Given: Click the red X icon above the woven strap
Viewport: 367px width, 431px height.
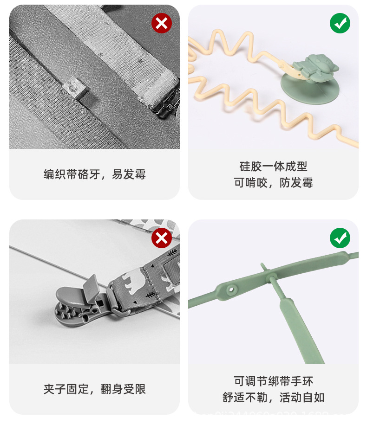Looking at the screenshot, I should [x=161, y=23].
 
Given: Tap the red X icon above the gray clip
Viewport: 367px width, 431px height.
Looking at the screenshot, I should [x=161, y=238].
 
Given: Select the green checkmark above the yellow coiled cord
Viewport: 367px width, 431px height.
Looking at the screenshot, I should [x=340, y=23].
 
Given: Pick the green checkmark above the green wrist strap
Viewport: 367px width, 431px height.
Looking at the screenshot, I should [x=340, y=238].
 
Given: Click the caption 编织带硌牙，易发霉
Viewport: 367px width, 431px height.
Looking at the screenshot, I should [x=94, y=174].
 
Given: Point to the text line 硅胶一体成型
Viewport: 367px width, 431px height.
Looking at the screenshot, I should [x=273, y=167].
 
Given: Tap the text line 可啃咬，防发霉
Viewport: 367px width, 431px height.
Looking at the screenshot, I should [x=273, y=183].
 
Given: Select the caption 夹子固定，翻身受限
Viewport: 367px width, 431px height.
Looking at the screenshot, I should [x=94, y=389].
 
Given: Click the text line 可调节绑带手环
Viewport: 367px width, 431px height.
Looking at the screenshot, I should [x=273, y=381].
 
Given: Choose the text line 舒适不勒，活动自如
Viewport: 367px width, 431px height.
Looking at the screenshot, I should [x=273, y=398].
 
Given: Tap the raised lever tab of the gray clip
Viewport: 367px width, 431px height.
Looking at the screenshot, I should [x=91, y=286].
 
